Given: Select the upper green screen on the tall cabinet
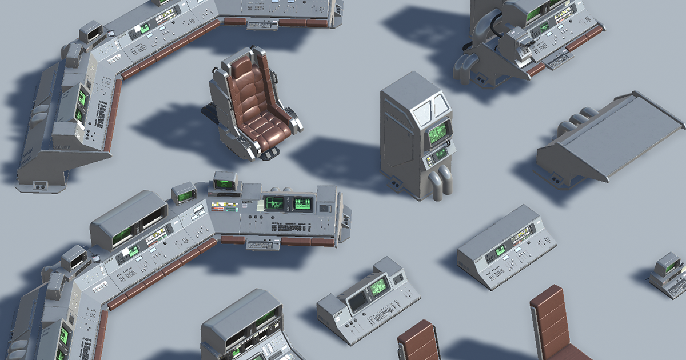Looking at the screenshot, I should click(438, 133).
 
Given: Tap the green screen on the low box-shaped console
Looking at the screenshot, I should click(500, 250).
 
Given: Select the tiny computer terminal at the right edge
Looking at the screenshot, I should click(668, 274).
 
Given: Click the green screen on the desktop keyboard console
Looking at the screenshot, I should click(377, 287).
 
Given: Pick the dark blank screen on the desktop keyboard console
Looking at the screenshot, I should click(358, 302).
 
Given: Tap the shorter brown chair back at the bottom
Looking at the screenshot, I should click(419, 342).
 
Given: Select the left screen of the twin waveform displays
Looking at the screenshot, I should click(274, 203).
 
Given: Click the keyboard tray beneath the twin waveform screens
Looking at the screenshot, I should click(261, 245).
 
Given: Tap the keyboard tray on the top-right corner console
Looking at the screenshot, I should click(559, 59).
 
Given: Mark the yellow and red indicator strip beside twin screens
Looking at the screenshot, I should click(225, 205).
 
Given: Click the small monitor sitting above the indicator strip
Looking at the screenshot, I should click(224, 183).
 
